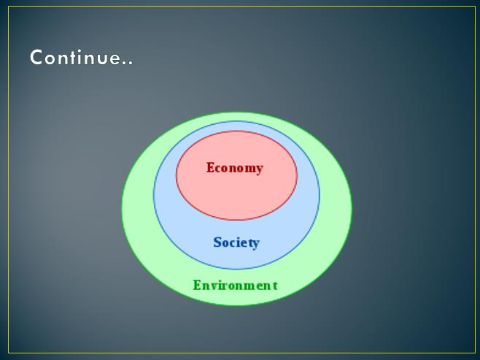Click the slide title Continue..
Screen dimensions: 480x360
pyautogui.click(x=82, y=57)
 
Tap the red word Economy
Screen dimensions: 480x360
pyautogui.click(x=235, y=168)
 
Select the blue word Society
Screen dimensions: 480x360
pyautogui.click(x=236, y=242)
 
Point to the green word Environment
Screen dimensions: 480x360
pyautogui.click(x=236, y=286)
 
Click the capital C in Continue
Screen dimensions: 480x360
pyautogui.click(x=36, y=57)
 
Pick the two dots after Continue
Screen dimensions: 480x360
pyautogui.click(x=128, y=63)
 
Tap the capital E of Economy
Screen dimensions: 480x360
pyautogui.click(x=210, y=167)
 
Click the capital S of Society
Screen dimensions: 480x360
pyautogui.click(x=217, y=242)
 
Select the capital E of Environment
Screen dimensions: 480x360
pyautogui.click(x=197, y=286)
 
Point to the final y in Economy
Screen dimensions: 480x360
pyautogui.click(x=259, y=169)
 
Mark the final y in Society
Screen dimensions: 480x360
pyautogui.click(x=255, y=244)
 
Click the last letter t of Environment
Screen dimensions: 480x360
pyautogui.click(x=275, y=286)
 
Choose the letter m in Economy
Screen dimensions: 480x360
pyautogui.click(x=249, y=169)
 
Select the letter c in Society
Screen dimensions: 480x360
pyautogui.click(x=232, y=244)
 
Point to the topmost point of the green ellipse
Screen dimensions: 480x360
pyautogui.click(x=237, y=112)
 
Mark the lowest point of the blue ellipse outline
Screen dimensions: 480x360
pyautogui.click(x=236, y=269)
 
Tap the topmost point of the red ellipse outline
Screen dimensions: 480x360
pyautogui.click(x=236, y=131)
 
